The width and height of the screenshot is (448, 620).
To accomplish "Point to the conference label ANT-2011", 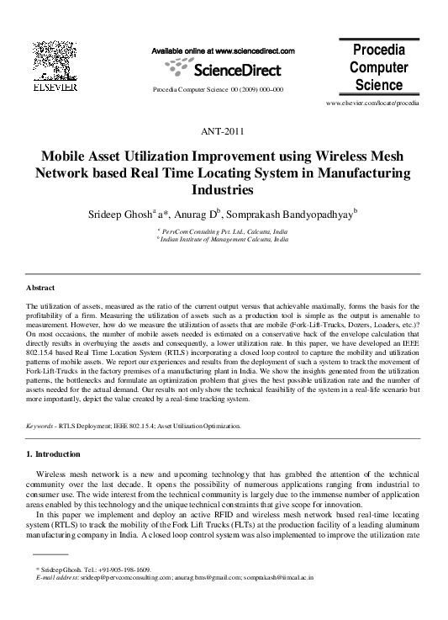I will click(224, 132).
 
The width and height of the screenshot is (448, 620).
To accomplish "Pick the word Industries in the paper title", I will click(224, 190).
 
